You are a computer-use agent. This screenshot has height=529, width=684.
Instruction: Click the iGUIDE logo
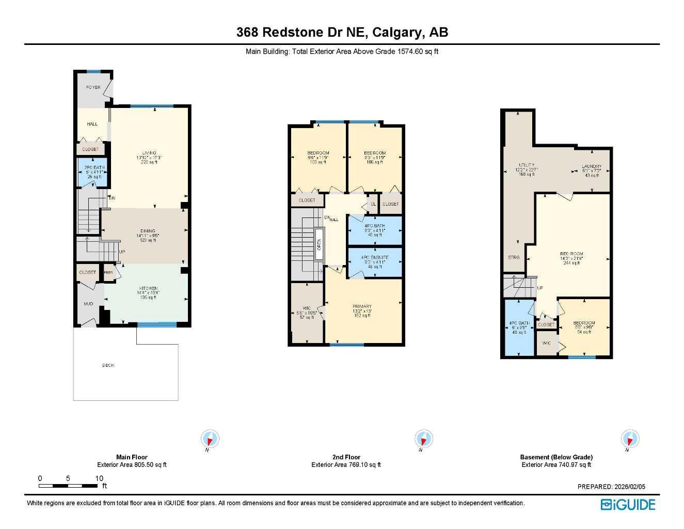pyautogui.click(x=628, y=505)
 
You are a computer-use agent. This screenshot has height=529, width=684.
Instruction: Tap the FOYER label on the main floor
pyautogui.click(x=93, y=87)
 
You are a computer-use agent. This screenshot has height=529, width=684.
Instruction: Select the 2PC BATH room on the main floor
pyautogui.click(x=92, y=172)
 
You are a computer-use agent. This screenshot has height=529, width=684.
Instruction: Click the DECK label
pyautogui.click(x=108, y=365)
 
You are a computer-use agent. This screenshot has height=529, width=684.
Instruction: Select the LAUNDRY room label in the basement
pyautogui.click(x=592, y=167)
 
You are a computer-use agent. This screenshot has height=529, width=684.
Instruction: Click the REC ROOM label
pyautogui.click(x=571, y=254)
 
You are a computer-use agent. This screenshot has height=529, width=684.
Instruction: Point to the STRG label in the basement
pyautogui.click(x=514, y=257)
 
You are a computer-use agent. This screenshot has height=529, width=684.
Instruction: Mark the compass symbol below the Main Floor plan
pyautogui.click(x=210, y=440)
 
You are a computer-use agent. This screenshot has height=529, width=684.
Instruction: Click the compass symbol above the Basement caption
pyautogui.click(x=629, y=439)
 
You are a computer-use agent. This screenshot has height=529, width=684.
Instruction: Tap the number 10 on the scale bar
pyautogui.click(x=99, y=478)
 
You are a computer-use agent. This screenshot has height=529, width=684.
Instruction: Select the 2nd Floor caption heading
pyautogui.click(x=346, y=457)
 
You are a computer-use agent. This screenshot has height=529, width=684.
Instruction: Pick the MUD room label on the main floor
pyautogui.click(x=88, y=304)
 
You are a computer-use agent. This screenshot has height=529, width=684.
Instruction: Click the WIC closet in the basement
pyautogui.click(x=547, y=343)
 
